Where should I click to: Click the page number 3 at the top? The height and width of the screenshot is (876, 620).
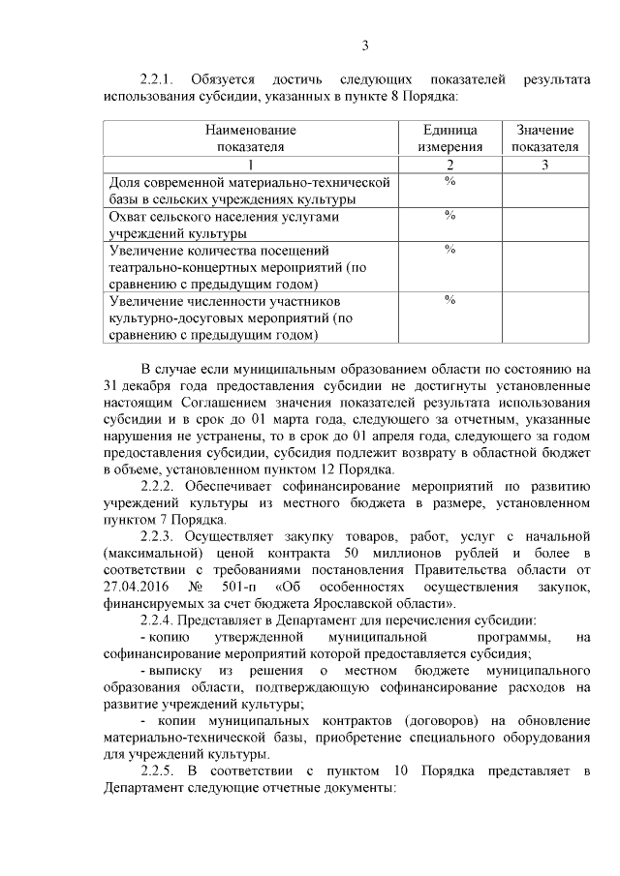(x=364, y=44)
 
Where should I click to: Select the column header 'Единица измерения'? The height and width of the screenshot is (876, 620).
(x=449, y=138)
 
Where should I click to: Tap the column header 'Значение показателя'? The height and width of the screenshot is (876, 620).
(x=544, y=138)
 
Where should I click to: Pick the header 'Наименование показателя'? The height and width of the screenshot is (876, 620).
(x=250, y=138)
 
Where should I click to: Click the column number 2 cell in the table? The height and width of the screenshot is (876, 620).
(x=449, y=165)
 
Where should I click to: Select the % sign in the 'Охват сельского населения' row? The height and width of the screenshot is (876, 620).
(x=449, y=216)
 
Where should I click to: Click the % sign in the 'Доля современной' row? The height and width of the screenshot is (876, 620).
(x=449, y=181)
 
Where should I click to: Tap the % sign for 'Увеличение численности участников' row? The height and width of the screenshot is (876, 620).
(x=449, y=301)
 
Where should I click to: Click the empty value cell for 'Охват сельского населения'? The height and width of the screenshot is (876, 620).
(x=544, y=225)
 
